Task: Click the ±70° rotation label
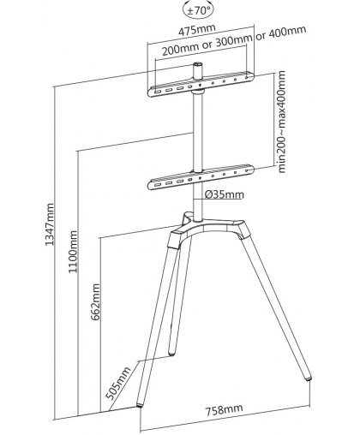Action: tap(199, 11)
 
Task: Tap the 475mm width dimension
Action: tap(197, 30)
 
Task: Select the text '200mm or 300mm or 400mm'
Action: tap(234, 41)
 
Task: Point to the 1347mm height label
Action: tap(50, 224)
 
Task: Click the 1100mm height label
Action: tap(73, 252)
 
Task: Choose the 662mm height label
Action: tap(96, 301)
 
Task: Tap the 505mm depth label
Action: tap(118, 384)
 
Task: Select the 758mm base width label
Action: tap(225, 410)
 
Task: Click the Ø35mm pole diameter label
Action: tap(225, 194)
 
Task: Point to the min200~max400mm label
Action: tap(281, 122)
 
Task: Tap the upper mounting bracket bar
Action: tap(201, 84)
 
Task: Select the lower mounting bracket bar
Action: tap(201, 177)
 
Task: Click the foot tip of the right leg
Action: tap(308, 378)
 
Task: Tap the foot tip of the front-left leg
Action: tap(140, 404)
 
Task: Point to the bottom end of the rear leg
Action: tap(171, 353)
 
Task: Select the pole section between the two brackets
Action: tap(197, 132)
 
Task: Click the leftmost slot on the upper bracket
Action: tap(158, 92)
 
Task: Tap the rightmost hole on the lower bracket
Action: tap(247, 170)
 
